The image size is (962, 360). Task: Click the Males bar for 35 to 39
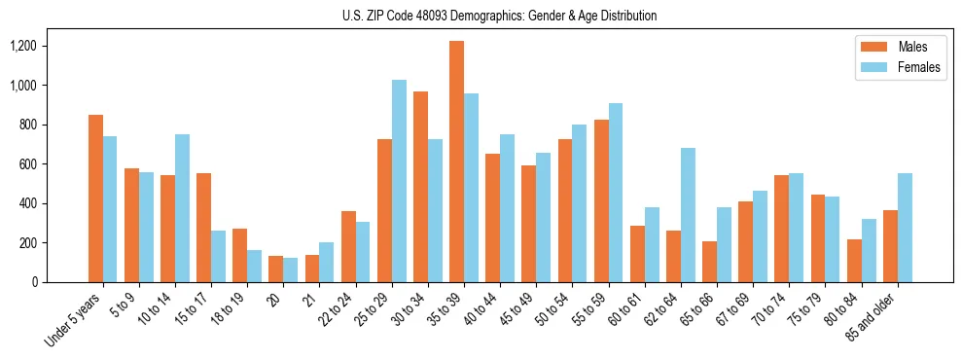[x=456, y=162]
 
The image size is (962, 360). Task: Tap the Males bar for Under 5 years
[x=95, y=198]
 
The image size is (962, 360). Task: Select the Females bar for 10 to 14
[x=182, y=208]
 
